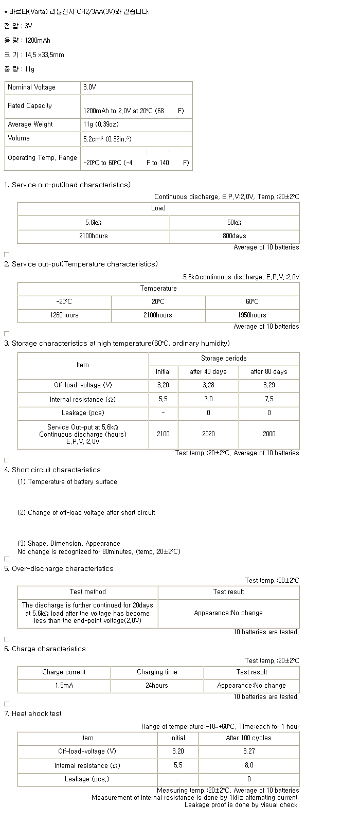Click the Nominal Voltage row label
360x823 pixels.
click(31, 87)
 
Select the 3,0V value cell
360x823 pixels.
click(89, 87)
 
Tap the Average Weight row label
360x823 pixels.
click(30, 124)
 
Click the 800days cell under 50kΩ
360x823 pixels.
click(234, 236)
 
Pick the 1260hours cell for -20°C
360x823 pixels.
click(64, 315)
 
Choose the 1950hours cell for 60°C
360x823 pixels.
click(252, 315)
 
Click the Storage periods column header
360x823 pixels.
click(224, 359)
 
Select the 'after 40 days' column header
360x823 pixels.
click(208, 372)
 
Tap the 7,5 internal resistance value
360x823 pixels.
click(269, 399)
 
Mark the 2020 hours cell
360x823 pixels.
click(208, 434)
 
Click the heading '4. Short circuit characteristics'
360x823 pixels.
click(52, 470)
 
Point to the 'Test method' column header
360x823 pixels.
click(87, 592)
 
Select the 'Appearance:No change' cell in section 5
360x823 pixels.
click(228, 613)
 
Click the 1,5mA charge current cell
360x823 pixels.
click(64, 686)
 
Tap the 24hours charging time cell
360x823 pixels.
click(157, 686)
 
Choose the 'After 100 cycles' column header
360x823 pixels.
click(249, 738)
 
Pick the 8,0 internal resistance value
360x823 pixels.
click(249, 765)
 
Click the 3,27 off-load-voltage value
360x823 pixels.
click(249, 752)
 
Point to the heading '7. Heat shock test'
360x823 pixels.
click(33, 714)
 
